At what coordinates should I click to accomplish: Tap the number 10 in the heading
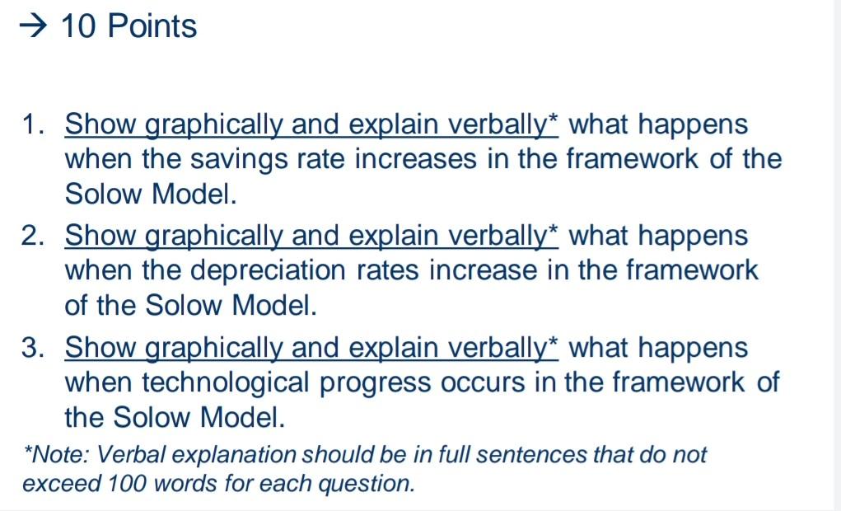79,26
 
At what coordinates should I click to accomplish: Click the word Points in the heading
152,26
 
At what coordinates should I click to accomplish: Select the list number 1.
33,125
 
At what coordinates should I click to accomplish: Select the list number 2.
33,237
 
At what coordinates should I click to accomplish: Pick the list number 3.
33,349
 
